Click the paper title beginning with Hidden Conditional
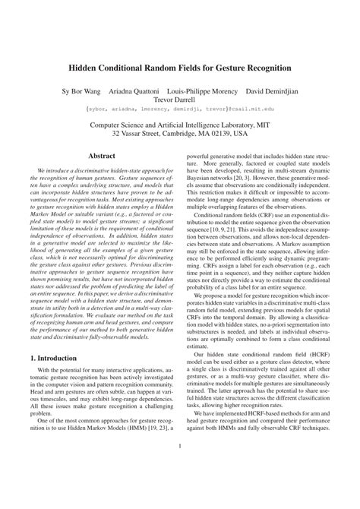[179, 68]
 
